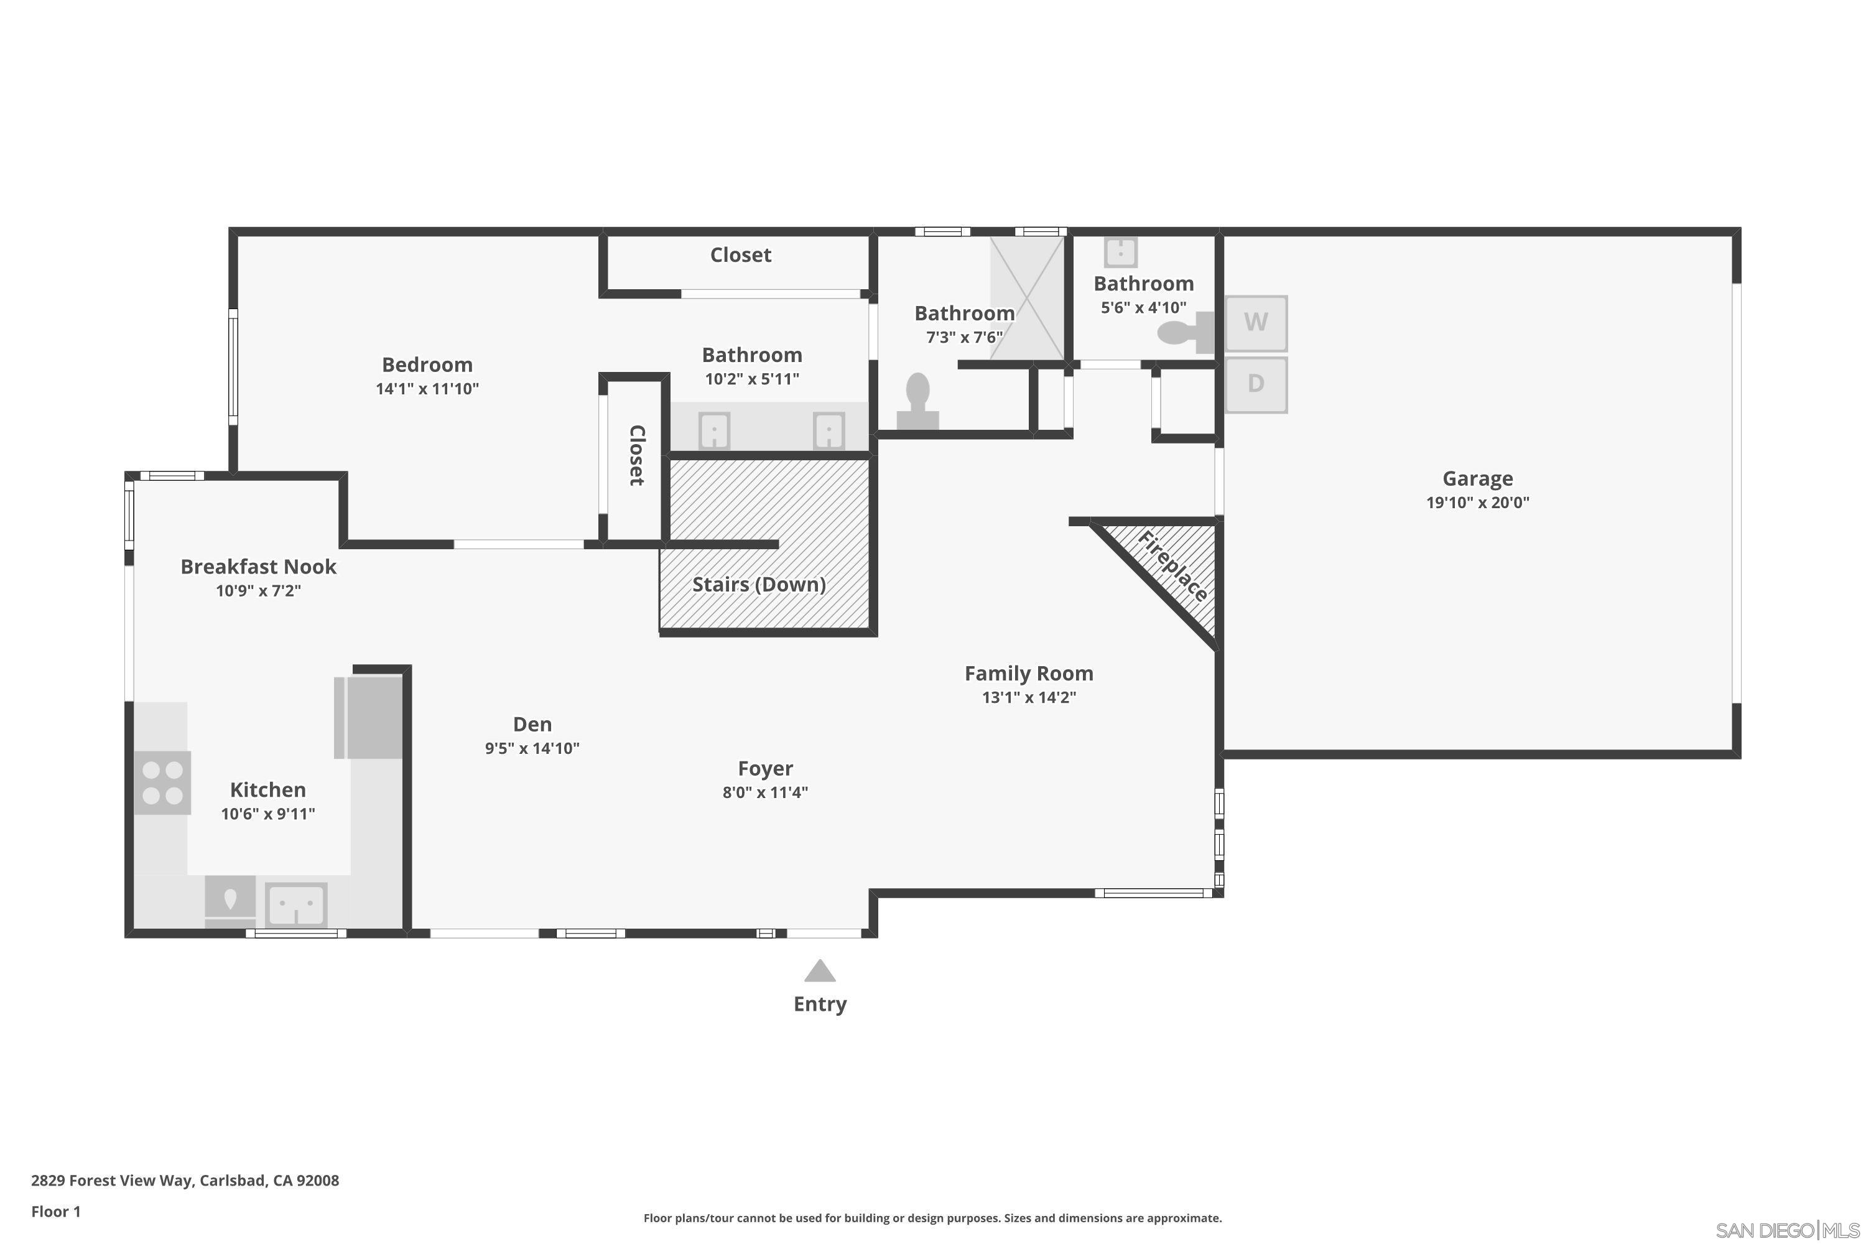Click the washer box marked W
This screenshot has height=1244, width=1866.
(x=1255, y=323)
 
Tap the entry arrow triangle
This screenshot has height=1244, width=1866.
(x=820, y=971)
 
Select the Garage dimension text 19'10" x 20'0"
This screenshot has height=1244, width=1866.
(x=1477, y=502)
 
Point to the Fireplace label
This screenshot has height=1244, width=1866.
(x=1172, y=567)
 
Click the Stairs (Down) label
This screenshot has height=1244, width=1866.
(x=758, y=585)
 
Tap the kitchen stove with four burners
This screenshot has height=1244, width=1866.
(x=162, y=782)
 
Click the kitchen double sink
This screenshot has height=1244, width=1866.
(x=296, y=904)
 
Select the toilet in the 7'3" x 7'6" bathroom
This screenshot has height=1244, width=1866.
(x=918, y=401)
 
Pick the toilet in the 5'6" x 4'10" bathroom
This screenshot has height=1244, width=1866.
(x=1184, y=332)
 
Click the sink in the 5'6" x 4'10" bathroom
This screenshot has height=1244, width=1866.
(x=1120, y=253)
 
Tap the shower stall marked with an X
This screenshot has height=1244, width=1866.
(x=1027, y=297)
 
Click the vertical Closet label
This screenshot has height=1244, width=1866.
(x=636, y=455)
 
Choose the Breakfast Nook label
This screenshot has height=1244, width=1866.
(x=258, y=567)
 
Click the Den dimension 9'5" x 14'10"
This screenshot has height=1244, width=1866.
(x=532, y=748)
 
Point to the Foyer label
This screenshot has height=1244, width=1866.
(x=765, y=768)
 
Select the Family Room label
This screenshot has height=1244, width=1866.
(x=1028, y=674)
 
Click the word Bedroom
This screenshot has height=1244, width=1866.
(x=427, y=365)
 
